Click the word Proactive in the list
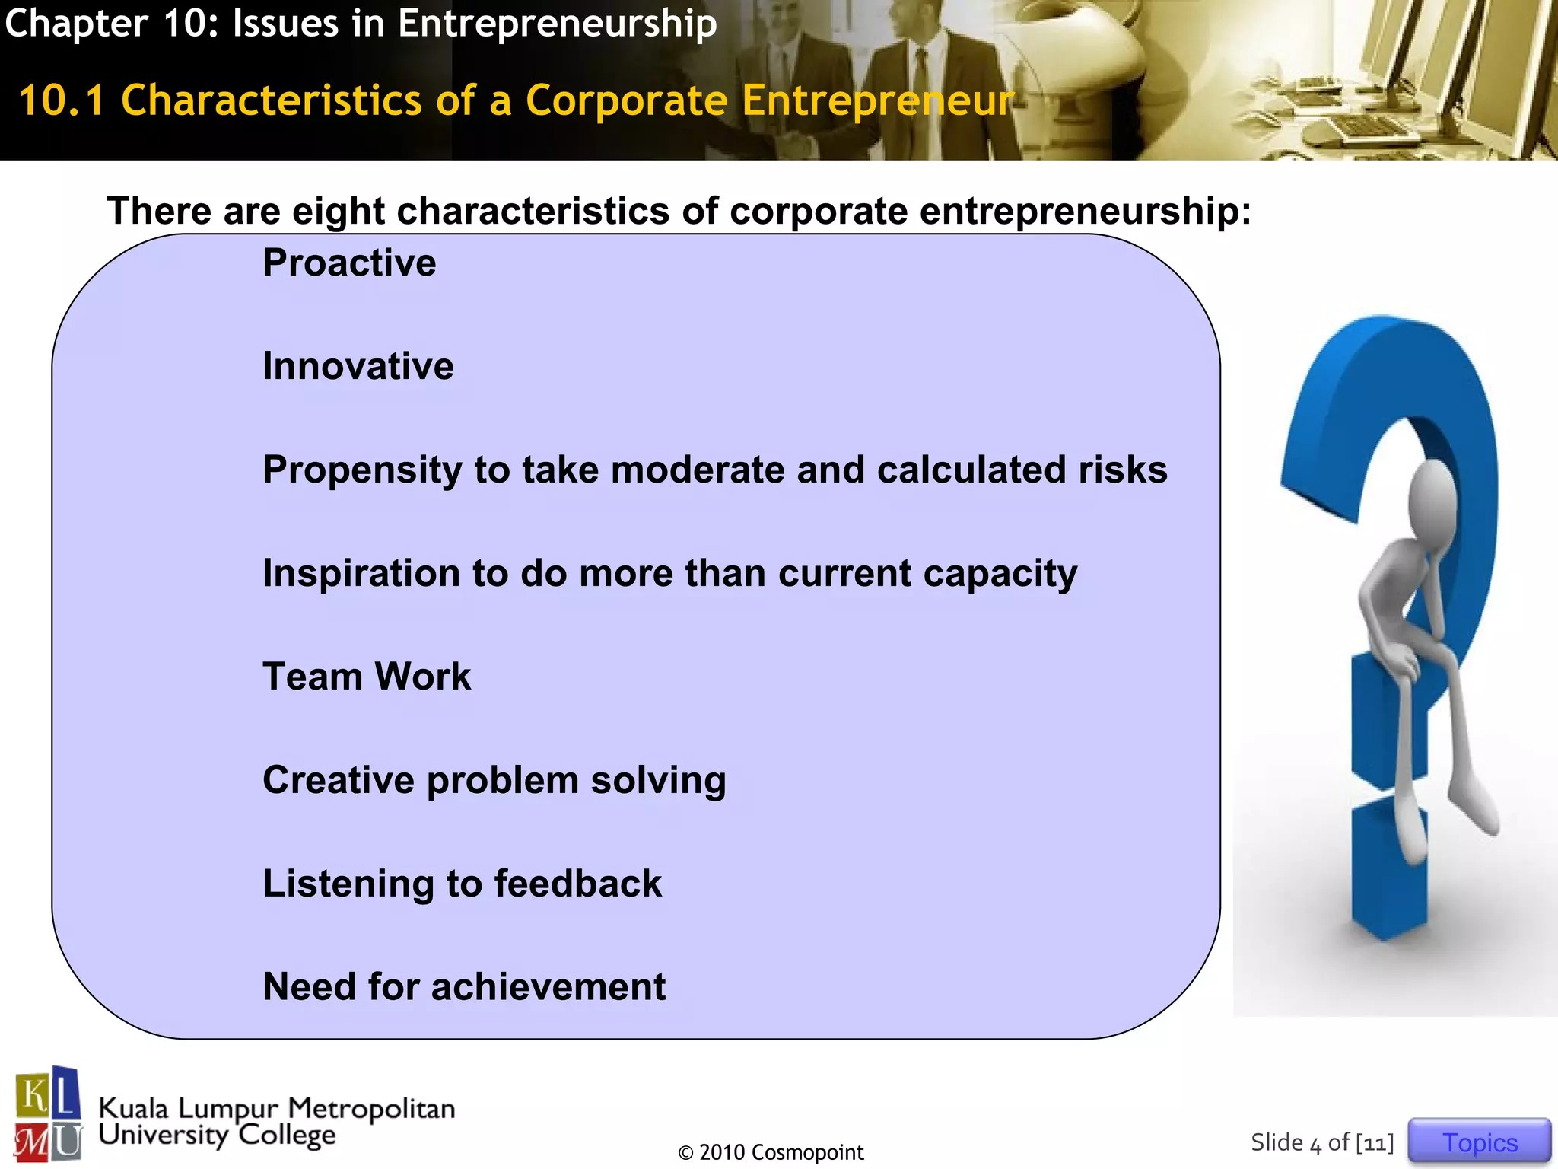point(349,263)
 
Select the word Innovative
point(358,367)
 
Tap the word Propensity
point(362,470)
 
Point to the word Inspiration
point(361,574)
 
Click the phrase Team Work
point(367,677)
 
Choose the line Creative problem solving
point(494,781)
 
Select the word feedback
point(577,884)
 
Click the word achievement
point(548,988)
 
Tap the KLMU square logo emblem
point(48,1114)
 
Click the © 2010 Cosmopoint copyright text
point(771,1152)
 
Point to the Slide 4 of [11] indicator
point(1322,1142)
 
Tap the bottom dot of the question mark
point(1388,875)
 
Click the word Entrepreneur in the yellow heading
point(877,101)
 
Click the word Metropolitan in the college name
point(371,1109)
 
